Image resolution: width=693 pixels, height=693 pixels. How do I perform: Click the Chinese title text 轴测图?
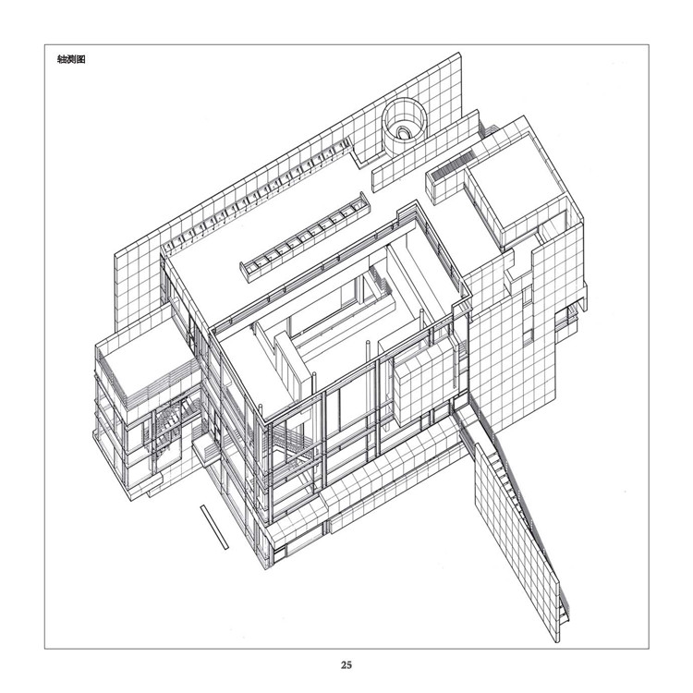pyautogui.click(x=71, y=59)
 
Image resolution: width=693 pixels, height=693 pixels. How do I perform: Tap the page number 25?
pyautogui.click(x=346, y=664)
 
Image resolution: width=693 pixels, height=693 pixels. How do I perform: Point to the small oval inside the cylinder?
pyautogui.click(x=403, y=132)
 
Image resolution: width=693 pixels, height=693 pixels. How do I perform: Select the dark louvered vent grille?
pyautogui.click(x=453, y=165)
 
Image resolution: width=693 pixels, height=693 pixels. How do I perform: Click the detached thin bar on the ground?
pyautogui.click(x=214, y=527)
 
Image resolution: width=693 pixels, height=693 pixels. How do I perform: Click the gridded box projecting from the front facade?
pyautogui.click(x=424, y=383)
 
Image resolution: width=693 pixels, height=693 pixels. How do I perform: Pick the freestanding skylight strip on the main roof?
pyautogui.click(x=305, y=237)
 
